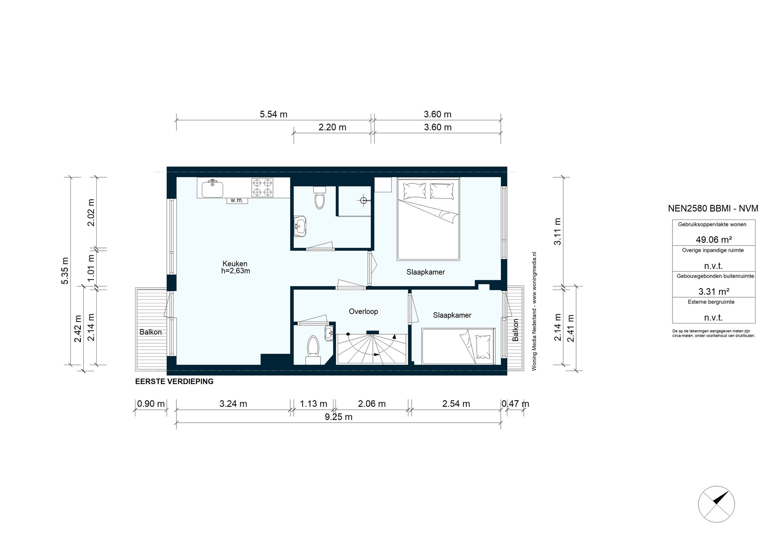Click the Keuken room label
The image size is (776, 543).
click(x=235, y=263)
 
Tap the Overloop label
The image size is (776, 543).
click(x=363, y=312)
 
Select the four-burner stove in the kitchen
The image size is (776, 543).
click(x=262, y=188)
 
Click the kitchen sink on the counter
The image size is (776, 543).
click(x=212, y=189)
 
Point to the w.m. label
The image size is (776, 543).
click(x=237, y=201)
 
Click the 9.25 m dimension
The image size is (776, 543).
click(x=338, y=417)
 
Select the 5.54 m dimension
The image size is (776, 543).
click(x=273, y=114)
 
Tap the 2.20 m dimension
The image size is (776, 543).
click(x=332, y=127)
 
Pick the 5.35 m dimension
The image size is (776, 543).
click(x=65, y=271)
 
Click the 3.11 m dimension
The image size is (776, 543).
click(x=557, y=231)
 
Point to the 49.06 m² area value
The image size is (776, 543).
click(x=713, y=240)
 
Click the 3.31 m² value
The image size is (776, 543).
click(x=713, y=291)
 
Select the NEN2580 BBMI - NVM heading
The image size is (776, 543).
click(x=713, y=208)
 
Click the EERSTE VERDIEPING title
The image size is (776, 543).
click(x=174, y=382)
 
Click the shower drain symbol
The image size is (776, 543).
click(x=364, y=201)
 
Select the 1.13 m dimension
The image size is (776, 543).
click(x=314, y=404)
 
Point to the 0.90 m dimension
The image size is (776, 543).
click(x=151, y=404)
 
